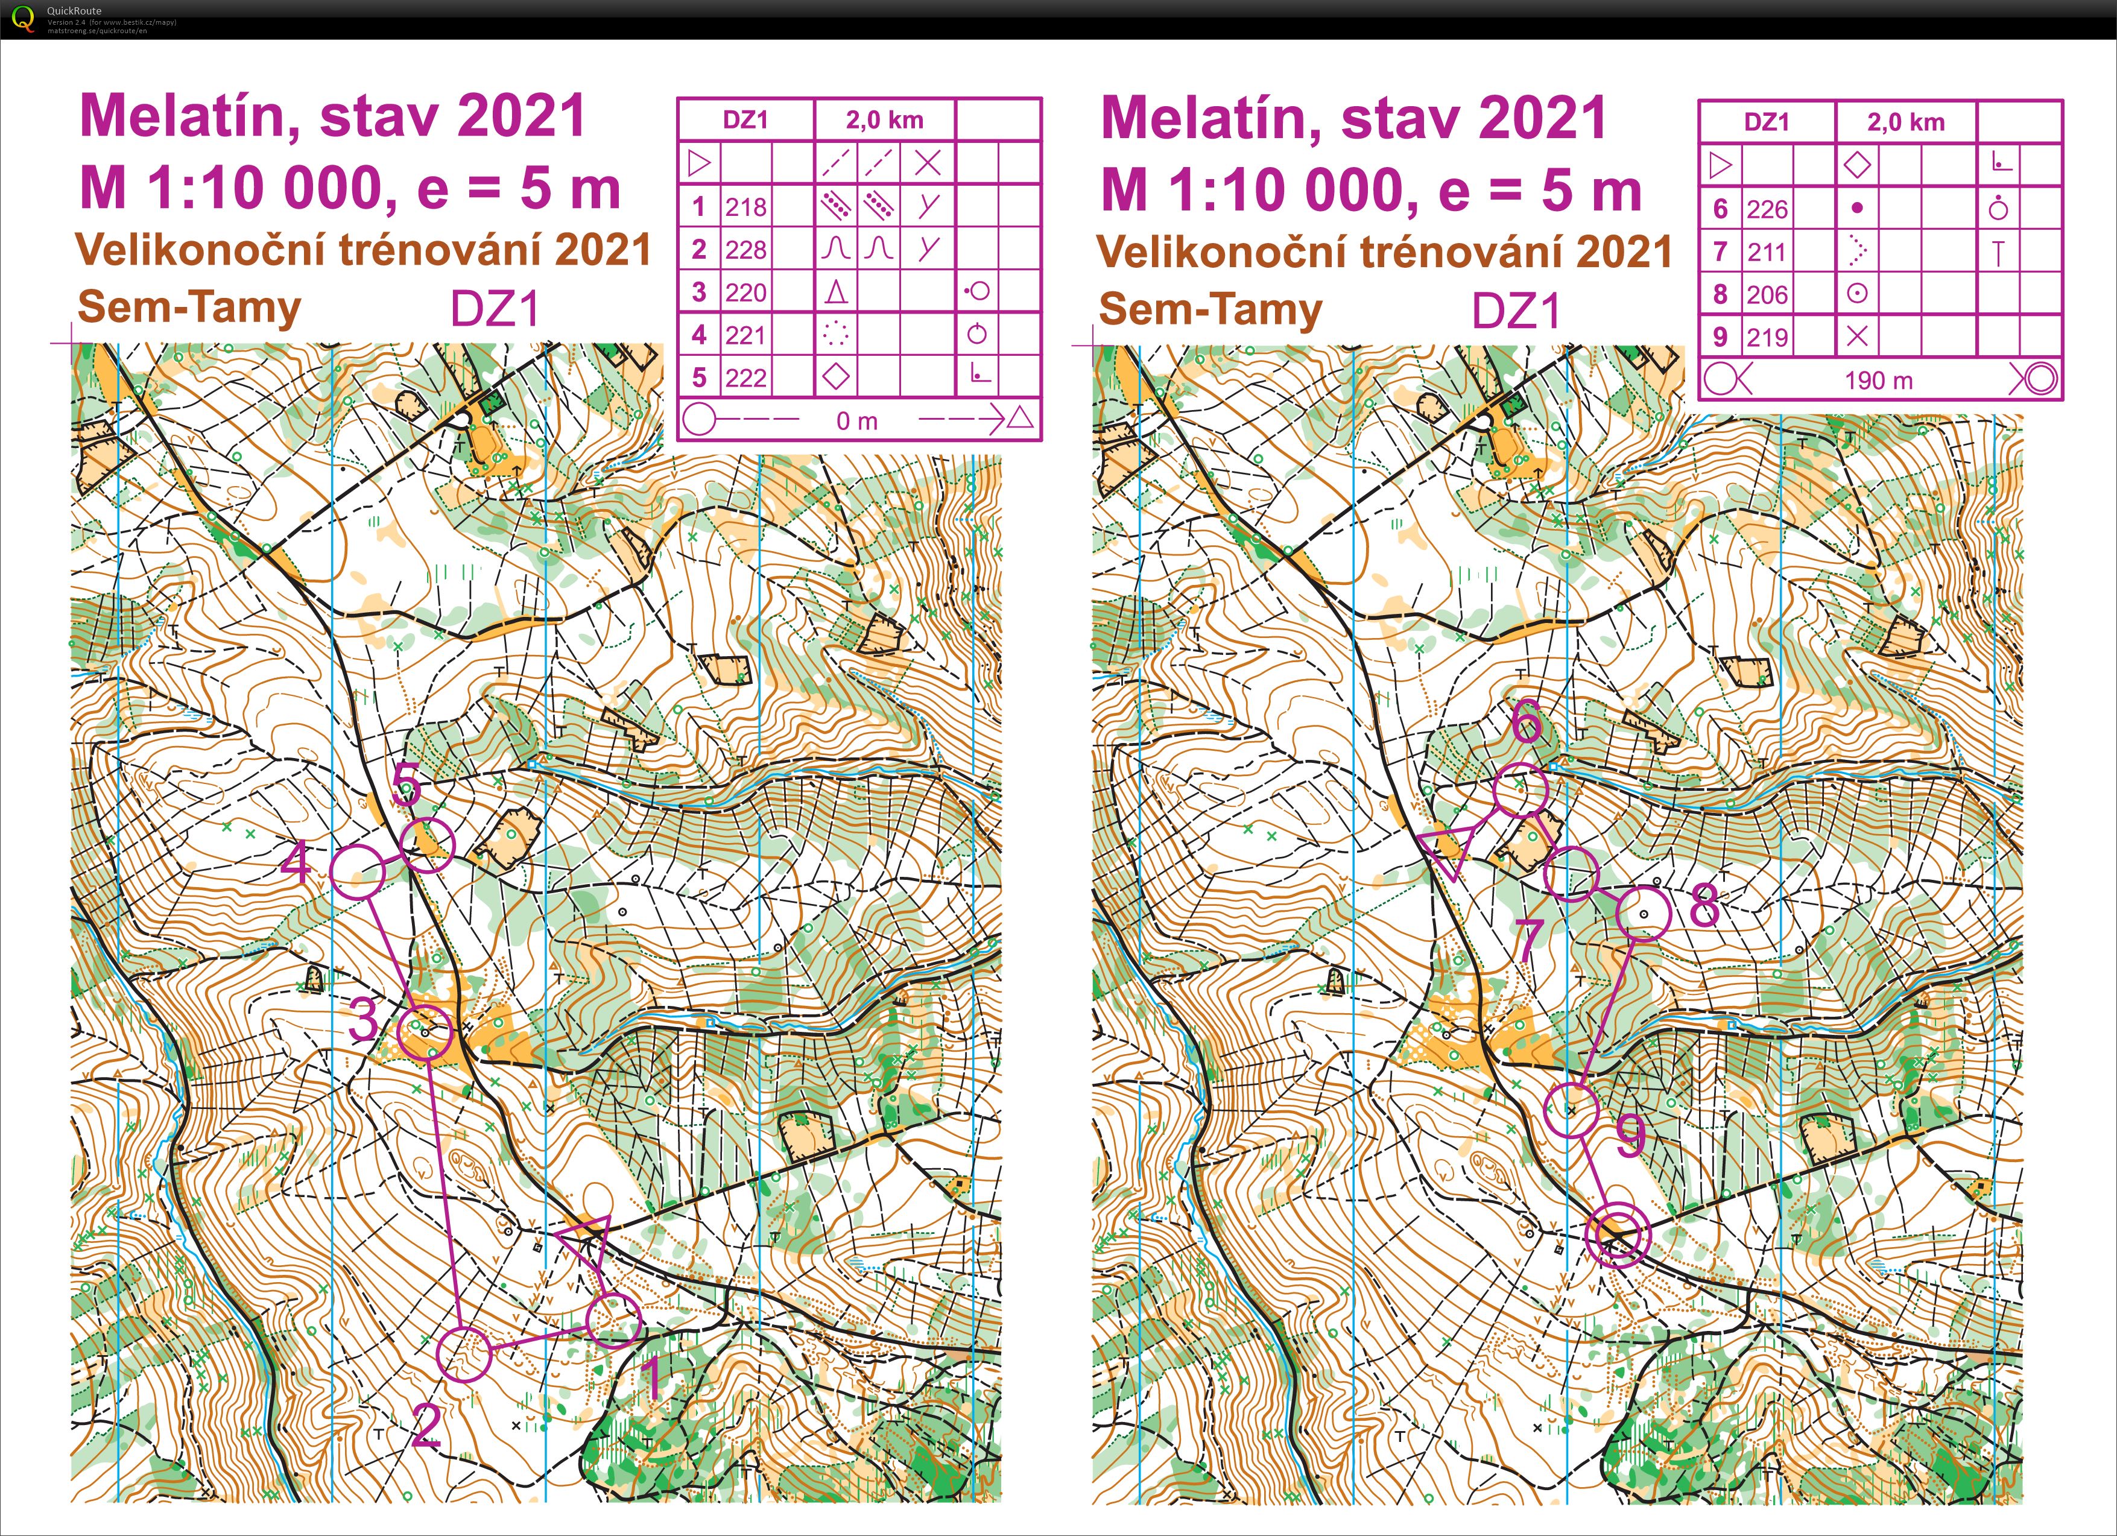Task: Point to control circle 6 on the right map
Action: (x=1521, y=789)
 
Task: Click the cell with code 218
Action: (x=746, y=206)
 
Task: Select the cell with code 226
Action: (x=1767, y=209)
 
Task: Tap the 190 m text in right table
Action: (x=1878, y=381)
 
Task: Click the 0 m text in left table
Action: (x=857, y=421)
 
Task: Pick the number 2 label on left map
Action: (x=426, y=1426)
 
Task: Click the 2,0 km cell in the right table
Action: (x=1905, y=122)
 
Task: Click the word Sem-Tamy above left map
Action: (x=189, y=307)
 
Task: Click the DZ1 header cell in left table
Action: (x=746, y=119)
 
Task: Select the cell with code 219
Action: (x=1767, y=337)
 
